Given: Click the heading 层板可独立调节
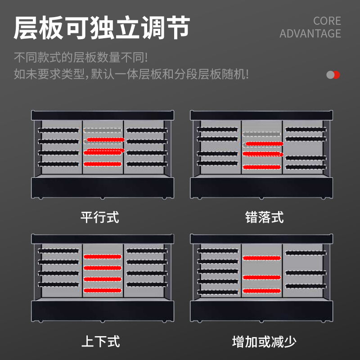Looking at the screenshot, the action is [x=102, y=27].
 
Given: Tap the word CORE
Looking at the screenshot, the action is [x=327, y=21].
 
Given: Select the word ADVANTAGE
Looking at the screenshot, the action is [x=310, y=33].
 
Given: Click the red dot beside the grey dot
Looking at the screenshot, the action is [x=337, y=75].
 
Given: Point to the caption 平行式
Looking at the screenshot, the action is [x=99, y=217].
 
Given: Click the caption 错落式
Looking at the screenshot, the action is [x=264, y=217].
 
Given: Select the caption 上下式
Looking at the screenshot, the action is [x=100, y=342].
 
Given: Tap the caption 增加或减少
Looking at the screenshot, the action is [x=264, y=342].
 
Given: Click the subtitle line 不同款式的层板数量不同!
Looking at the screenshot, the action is [x=81, y=58].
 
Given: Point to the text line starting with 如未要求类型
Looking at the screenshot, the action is [x=131, y=74].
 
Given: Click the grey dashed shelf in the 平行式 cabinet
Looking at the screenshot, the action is [x=103, y=130].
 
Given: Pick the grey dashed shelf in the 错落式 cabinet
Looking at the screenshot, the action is [x=261, y=134].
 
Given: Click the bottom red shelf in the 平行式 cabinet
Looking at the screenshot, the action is [x=103, y=164].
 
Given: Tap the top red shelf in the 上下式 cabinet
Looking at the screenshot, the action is [x=103, y=256].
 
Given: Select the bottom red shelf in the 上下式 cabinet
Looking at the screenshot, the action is [x=103, y=290].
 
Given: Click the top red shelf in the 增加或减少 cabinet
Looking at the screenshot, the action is [x=262, y=258].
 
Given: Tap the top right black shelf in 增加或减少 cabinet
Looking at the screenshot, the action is [x=306, y=253].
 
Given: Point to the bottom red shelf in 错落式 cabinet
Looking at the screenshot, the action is [x=262, y=167].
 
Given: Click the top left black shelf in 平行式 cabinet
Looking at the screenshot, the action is [x=58, y=130].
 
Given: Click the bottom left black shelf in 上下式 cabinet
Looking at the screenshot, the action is [x=58, y=285].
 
